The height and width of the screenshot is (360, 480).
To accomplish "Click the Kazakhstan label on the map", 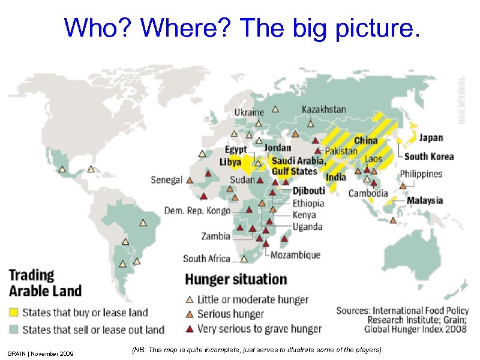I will pyautogui.click(x=323, y=109).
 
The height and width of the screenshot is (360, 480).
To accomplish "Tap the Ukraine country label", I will pyautogui.click(x=248, y=112).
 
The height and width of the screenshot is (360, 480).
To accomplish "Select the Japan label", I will pyautogui.click(x=431, y=137).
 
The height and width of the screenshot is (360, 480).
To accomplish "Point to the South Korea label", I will pyautogui.click(x=428, y=157).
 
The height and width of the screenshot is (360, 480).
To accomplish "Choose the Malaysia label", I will pyautogui.click(x=425, y=200).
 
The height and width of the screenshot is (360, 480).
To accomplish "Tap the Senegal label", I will pyautogui.click(x=166, y=179).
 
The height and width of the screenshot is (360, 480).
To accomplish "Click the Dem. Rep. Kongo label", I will pyautogui.click(x=197, y=211).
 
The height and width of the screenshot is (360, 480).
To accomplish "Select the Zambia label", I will pyautogui.click(x=215, y=236).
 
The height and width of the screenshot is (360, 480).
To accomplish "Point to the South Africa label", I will pyautogui.click(x=206, y=259).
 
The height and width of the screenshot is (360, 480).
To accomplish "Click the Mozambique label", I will pyautogui.click(x=295, y=255).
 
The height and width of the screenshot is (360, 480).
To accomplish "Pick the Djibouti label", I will pyautogui.click(x=309, y=191).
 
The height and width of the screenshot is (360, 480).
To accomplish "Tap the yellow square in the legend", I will pyautogui.click(x=13, y=313).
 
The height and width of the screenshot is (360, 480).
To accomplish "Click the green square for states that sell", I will pyautogui.click(x=13, y=329).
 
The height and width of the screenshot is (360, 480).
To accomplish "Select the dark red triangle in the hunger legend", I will pyautogui.click(x=189, y=329).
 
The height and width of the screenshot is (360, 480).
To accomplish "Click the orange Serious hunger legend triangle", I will pyautogui.click(x=189, y=314).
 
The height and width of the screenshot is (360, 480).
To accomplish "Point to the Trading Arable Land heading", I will pyautogui.click(x=44, y=283).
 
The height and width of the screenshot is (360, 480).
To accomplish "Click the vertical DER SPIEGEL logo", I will pyautogui.click(x=461, y=100).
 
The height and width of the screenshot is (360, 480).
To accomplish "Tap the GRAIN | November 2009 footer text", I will pyautogui.click(x=41, y=353).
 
